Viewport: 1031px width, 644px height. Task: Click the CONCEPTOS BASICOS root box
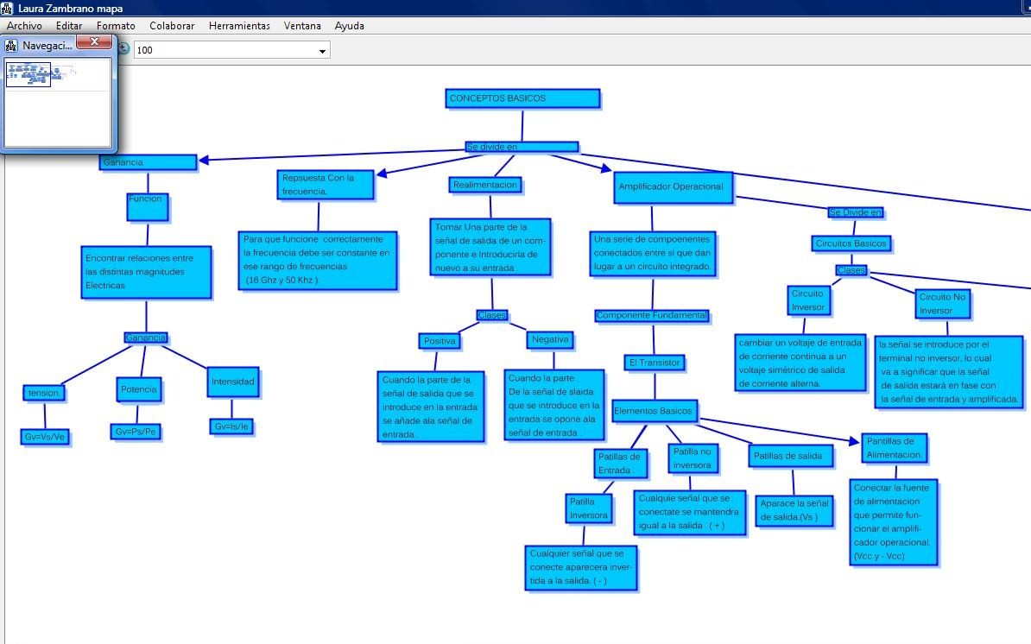pyautogui.click(x=522, y=98)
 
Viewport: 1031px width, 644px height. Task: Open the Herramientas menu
pyautogui.click(x=239, y=26)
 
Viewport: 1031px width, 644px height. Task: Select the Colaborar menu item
pyautogui.click(x=172, y=26)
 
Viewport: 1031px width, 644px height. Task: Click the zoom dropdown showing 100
pyautogui.click(x=231, y=50)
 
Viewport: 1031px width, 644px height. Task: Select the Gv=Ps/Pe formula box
pyautogui.click(x=136, y=431)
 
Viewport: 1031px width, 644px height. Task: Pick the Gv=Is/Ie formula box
pyautogui.click(x=232, y=426)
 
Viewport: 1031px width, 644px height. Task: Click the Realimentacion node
pyautogui.click(x=485, y=185)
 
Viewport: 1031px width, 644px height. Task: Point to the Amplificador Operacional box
pyautogui.click(x=672, y=186)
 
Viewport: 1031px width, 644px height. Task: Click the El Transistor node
pyautogui.click(x=654, y=363)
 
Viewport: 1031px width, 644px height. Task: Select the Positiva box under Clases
pyautogui.click(x=439, y=341)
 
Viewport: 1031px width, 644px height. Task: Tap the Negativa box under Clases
pyautogui.click(x=550, y=340)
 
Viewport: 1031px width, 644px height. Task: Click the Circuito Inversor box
pyautogui.click(x=808, y=300)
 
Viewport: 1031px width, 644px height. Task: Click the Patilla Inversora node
pyautogui.click(x=589, y=508)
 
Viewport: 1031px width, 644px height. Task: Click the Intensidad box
pyautogui.click(x=233, y=382)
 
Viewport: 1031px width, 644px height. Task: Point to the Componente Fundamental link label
pyautogui.click(x=652, y=316)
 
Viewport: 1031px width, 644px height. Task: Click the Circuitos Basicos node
pyautogui.click(x=851, y=243)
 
